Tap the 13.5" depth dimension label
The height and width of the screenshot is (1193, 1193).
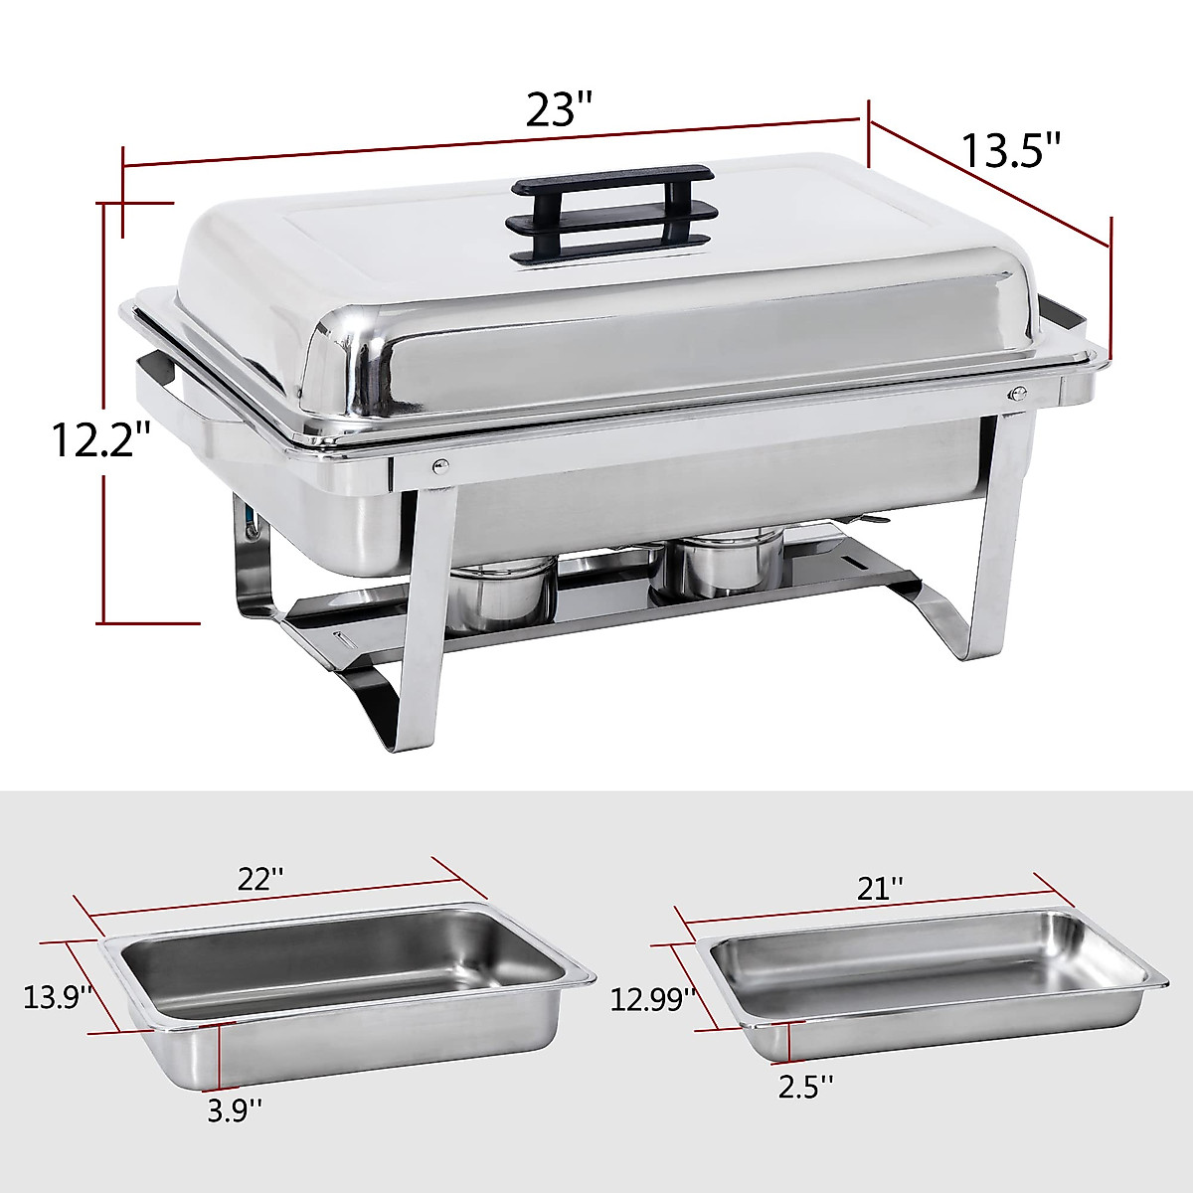click(1012, 151)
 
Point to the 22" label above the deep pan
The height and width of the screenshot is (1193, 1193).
click(261, 879)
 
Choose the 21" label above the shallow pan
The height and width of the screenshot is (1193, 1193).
click(882, 887)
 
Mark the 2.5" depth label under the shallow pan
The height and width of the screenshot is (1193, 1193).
click(805, 1088)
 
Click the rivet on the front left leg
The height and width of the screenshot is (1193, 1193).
click(438, 461)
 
